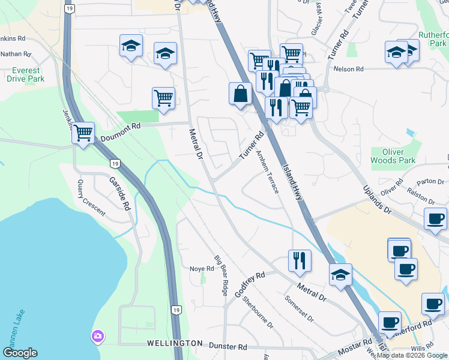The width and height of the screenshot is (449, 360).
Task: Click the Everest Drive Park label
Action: [x=28, y=74]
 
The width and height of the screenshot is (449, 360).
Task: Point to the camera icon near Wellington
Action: [x=97, y=337]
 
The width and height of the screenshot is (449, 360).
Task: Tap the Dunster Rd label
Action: [x=228, y=346]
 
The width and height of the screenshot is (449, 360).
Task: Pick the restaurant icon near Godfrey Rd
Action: [x=299, y=260]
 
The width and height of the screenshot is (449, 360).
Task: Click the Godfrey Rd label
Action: [x=250, y=286]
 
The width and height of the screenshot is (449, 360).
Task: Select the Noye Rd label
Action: [x=202, y=269]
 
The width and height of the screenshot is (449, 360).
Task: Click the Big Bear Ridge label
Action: [x=221, y=275]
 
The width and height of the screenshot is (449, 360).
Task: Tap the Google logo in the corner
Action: [x=20, y=353]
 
